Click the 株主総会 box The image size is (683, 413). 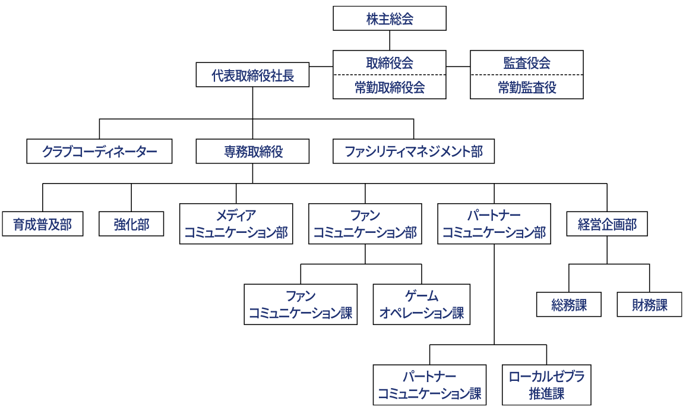(x=389, y=18)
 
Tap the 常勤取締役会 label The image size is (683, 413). (x=389, y=88)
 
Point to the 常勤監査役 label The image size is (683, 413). (x=526, y=88)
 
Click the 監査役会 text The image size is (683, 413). (x=526, y=63)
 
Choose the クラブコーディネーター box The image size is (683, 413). (x=99, y=152)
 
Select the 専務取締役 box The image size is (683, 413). (x=252, y=152)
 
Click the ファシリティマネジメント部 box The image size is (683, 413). (x=413, y=152)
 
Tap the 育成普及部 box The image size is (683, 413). (x=42, y=225)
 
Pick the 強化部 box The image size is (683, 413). (x=131, y=225)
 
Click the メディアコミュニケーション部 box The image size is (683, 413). (x=236, y=224)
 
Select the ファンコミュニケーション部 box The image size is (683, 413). (x=365, y=224)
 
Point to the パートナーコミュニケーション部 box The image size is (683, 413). (x=494, y=224)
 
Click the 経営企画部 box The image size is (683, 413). (x=606, y=225)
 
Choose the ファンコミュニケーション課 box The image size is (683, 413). (x=301, y=304)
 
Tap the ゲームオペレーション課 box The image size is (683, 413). (x=421, y=304)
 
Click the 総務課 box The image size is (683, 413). (x=568, y=305)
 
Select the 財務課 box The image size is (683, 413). (x=649, y=305)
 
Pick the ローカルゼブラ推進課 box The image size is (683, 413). (x=546, y=385)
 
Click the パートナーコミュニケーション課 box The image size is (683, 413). (x=429, y=385)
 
